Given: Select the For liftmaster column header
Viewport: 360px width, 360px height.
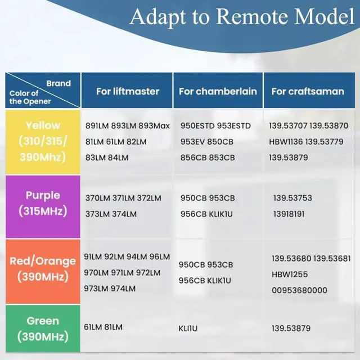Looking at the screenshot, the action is coord(128,91).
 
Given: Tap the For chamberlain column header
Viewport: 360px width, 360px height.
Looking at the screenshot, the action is coord(218,91).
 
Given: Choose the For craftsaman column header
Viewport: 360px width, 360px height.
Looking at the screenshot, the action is coord(308,91).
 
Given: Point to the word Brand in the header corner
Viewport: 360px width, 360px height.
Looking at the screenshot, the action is coord(58,83).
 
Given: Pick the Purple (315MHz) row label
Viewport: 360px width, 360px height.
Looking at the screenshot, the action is coord(43,204).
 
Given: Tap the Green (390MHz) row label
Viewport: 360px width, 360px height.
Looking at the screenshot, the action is coord(43,329).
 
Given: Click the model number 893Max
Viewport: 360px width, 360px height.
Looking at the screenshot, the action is coord(154,125).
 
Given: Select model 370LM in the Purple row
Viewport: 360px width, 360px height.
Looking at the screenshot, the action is coord(97,198).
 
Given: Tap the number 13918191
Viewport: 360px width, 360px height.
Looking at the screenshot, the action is coord(289,214).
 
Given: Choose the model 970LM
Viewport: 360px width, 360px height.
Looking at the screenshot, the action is coord(97,273).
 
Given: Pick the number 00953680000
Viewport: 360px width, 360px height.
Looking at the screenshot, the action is coord(299,290).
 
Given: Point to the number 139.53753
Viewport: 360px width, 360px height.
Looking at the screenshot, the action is coord(292,198).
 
